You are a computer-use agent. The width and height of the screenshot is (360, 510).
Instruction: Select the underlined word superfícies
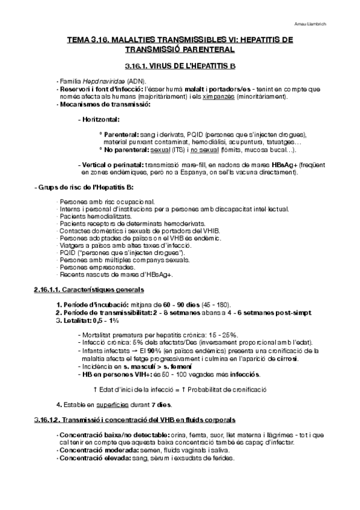coord(121,404)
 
